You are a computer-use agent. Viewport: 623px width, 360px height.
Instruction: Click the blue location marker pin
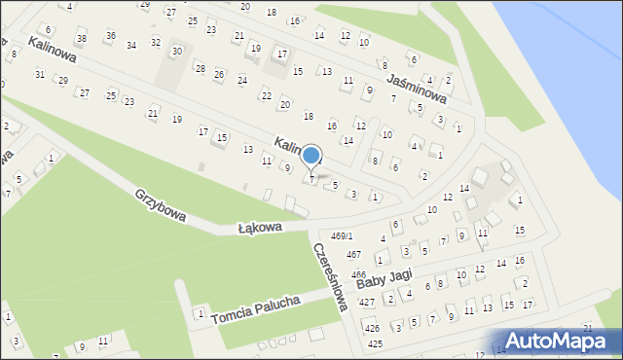(x=311, y=156)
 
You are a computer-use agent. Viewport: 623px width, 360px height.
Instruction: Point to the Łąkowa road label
(x=260, y=228)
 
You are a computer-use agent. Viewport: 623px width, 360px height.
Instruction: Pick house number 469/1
(x=342, y=236)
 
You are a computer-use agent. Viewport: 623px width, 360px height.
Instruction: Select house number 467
(x=353, y=254)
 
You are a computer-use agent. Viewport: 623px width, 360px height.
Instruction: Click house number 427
(x=366, y=303)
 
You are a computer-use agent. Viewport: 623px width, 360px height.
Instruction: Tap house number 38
(x=81, y=40)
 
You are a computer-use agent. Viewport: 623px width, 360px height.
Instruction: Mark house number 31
(x=40, y=75)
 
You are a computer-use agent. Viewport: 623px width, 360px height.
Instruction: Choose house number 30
(x=176, y=51)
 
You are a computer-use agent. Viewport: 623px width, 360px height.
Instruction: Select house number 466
(x=358, y=275)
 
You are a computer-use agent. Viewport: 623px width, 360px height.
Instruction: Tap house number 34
(x=131, y=46)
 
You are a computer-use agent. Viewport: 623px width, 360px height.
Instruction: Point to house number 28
(x=200, y=68)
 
